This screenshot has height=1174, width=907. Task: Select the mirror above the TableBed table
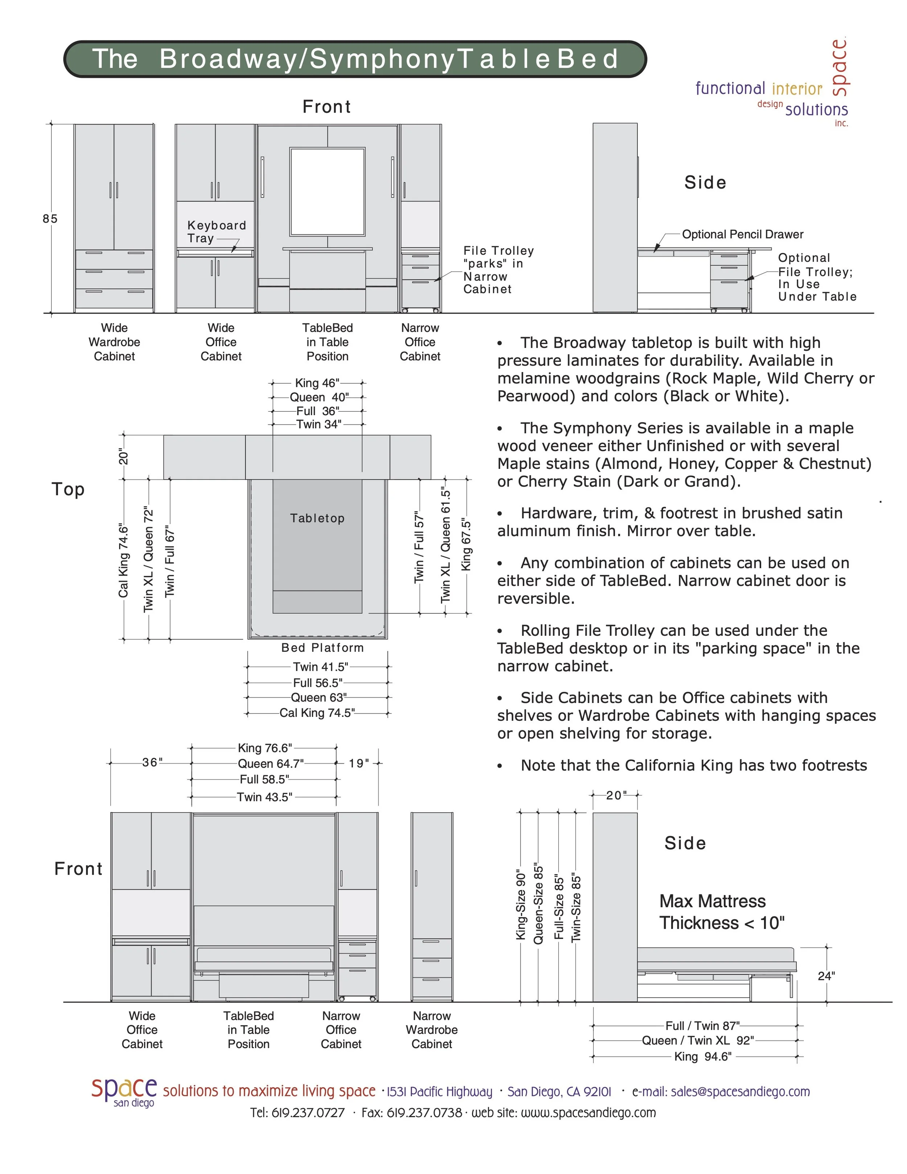click(327, 191)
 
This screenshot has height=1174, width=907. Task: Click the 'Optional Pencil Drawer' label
click(743, 234)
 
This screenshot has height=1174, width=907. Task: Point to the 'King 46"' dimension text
click(317, 383)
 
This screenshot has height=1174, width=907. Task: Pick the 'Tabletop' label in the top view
click(317, 518)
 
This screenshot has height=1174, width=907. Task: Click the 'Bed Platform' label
click(323, 648)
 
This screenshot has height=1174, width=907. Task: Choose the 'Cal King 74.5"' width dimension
click(317, 713)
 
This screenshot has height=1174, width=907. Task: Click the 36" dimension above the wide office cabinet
click(152, 762)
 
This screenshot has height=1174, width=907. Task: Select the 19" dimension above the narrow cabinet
click(358, 763)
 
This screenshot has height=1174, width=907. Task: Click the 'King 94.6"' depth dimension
click(703, 1056)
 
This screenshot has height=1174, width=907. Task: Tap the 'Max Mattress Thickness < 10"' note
click(722, 912)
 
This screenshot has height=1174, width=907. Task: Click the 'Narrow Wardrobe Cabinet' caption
click(431, 1030)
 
